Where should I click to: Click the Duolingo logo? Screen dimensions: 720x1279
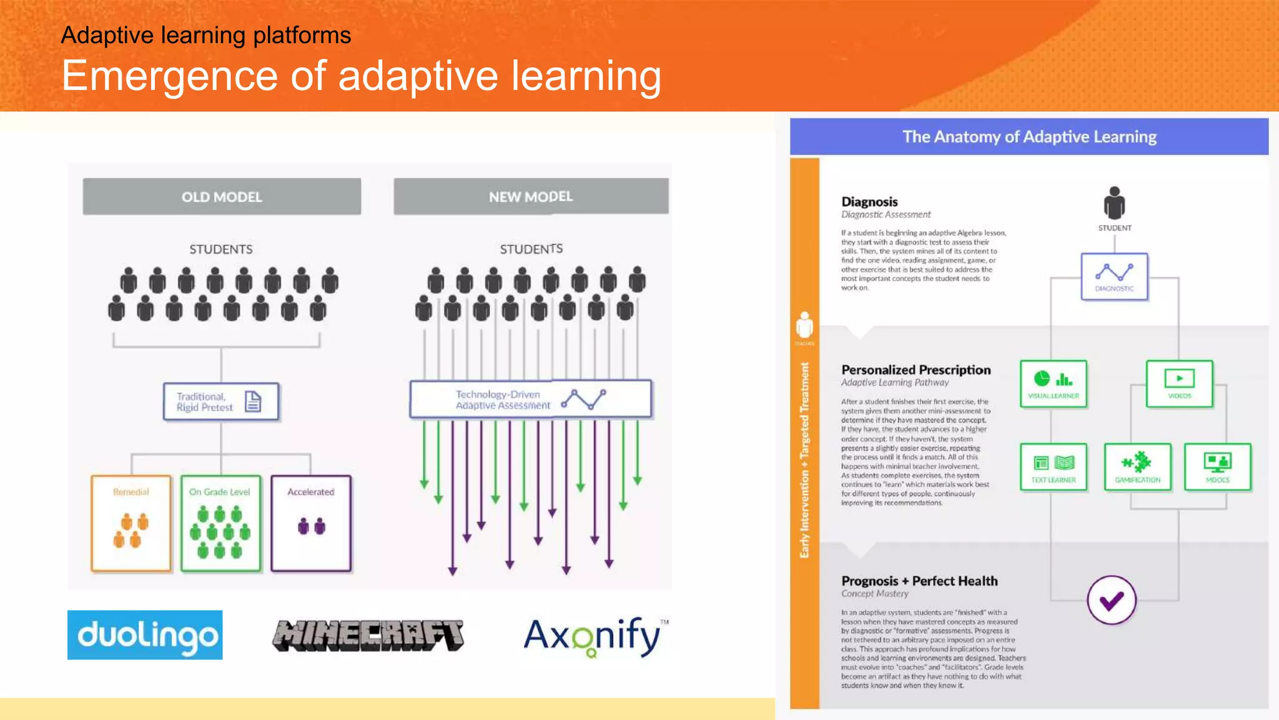(145, 635)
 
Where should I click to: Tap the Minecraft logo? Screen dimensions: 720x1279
(368, 636)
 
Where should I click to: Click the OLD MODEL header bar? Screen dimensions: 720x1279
(222, 197)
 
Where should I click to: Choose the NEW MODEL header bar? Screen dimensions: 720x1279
(531, 197)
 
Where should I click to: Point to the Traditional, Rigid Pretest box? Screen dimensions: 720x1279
(220, 401)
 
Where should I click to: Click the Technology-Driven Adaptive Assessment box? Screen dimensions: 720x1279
(530, 399)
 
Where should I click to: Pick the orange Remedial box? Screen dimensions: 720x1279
(131, 523)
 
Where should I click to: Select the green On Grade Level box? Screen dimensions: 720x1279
(220, 523)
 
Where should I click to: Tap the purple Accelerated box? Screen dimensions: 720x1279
(311, 523)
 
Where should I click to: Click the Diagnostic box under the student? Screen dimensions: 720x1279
(1114, 276)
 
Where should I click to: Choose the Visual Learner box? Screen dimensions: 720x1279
(1054, 384)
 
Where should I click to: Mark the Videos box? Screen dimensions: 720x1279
(1179, 384)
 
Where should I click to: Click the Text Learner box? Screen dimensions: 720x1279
(1054, 467)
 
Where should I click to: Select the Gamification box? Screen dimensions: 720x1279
(1137, 467)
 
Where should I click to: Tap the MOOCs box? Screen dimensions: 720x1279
(1217, 467)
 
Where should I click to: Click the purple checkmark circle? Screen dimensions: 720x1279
(1111, 600)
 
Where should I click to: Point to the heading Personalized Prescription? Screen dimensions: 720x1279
(916, 370)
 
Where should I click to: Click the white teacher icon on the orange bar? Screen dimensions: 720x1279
(804, 325)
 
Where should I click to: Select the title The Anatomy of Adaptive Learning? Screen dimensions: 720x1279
(1029, 137)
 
